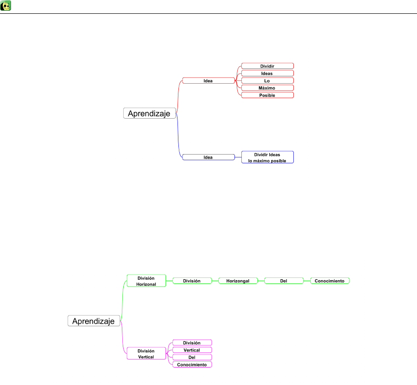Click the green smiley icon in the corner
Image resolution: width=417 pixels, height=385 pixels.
6,6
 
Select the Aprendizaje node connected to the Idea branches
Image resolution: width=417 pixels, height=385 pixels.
149,113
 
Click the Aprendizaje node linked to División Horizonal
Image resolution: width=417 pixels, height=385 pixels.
94,321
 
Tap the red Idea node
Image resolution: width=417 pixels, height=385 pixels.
208,80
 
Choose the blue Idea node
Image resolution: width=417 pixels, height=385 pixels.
208,157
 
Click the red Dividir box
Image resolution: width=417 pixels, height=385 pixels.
267,66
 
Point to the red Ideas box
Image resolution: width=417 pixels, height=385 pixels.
267,73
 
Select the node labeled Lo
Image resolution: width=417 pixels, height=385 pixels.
267,80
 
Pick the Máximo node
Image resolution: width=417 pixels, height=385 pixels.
267,88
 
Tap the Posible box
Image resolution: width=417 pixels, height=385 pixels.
267,95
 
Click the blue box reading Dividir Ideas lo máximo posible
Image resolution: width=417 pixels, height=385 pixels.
267,157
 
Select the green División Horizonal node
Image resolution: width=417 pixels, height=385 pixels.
146,281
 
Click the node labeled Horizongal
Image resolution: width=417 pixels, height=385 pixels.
238,281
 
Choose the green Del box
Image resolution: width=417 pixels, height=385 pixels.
284,281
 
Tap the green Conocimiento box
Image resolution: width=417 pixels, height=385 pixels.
330,281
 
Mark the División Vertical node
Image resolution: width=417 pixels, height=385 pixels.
146,354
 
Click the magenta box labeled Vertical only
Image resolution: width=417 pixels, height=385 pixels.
192,350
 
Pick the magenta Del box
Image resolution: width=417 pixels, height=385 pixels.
192,357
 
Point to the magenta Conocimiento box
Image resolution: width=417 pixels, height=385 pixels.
192,365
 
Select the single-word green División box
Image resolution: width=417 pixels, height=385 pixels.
192,281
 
